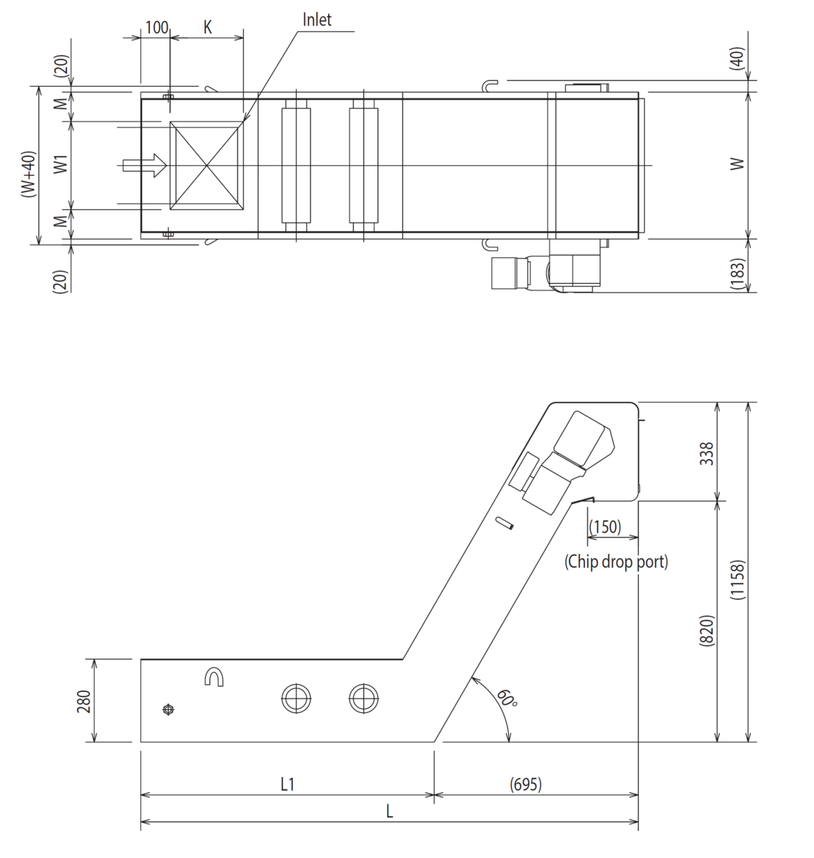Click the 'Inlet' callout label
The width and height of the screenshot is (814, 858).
pyautogui.click(x=317, y=19)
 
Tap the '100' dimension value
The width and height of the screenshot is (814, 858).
pyautogui.click(x=157, y=27)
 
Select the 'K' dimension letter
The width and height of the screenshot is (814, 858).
pyautogui.click(x=208, y=27)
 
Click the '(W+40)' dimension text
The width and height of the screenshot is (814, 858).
pyautogui.click(x=28, y=174)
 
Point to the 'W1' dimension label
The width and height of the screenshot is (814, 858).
pyautogui.click(x=61, y=164)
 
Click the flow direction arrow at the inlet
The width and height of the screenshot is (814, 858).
pyautogui.click(x=144, y=165)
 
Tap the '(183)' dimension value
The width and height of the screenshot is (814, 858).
pyautogui.click(x=737, y=274)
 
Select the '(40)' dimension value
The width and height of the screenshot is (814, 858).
pyautogui.click(x=737, y=58)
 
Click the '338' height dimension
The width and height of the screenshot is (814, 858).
pyautogui.click(x=707, y=453)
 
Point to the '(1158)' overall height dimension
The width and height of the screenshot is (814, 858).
pyautogui.click(x=737, y=580)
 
